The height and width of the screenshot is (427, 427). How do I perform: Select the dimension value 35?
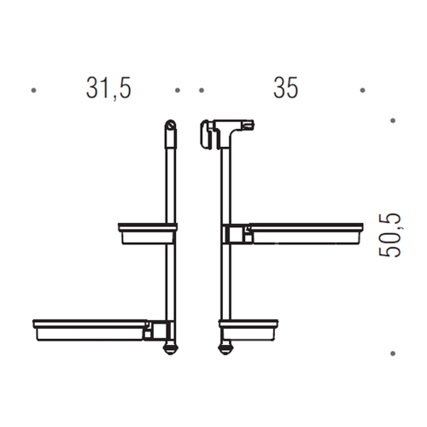(284, 89)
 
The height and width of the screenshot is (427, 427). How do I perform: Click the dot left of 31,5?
(33, 89)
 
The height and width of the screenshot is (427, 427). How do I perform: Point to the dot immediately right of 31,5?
(177, 89)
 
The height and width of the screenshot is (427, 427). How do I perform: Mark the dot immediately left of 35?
(201, 89)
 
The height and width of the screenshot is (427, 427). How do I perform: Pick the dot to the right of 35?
(363, 89)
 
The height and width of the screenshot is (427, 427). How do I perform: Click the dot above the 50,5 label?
(394, 121)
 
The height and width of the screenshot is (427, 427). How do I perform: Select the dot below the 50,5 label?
(394, 351)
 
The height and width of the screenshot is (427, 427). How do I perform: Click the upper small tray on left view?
(145, 231)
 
